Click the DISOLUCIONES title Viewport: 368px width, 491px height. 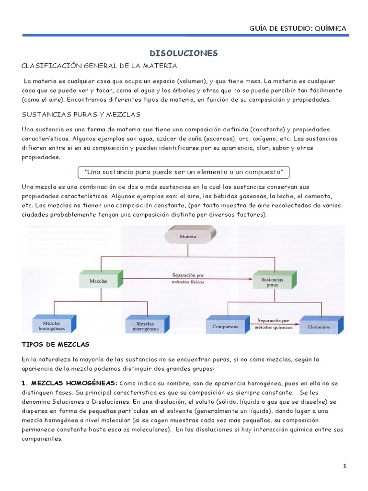click(184, 53)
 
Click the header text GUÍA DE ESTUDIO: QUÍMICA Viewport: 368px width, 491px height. click(298, 28)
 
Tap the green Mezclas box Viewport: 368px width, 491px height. click(99, 280)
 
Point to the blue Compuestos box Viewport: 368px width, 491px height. click(225, 327)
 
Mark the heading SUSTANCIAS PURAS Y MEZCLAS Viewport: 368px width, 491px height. click(80, 115)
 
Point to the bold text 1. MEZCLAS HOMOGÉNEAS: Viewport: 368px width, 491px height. click(69, 383)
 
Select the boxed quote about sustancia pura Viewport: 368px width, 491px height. click(184, 172)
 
